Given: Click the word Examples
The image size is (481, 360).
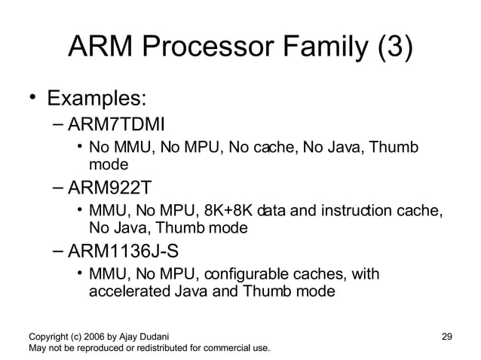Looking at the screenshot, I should tap(97, 99).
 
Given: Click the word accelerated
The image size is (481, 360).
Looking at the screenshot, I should tap(128, 289).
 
